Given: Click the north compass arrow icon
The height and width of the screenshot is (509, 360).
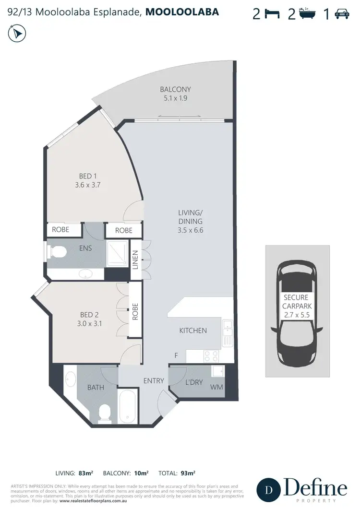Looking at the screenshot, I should pyautogui.click(x=18, y=34).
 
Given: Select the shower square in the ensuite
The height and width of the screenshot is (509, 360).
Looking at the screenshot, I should pyautogui.click(x=117, y=252).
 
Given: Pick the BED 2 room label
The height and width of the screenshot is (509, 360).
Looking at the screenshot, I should pyautogui.click(x=90, y=319).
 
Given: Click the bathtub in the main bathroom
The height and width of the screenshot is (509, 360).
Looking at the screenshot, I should pyautogui.click(x=128, y=401).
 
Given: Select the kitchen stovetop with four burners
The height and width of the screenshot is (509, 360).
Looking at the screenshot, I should pyautogui.click(x=211, y=355).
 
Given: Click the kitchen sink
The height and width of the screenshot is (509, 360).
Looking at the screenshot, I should pyautogui.click(x=228, y=329).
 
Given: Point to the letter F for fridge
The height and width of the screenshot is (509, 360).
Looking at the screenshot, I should pyautogui.click(x=176, y=355).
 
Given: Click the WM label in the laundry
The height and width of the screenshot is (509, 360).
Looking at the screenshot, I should pyautogui.click(x=216, y=387).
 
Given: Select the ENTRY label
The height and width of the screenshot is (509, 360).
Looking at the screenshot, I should pyautogui.click(x=154, y=381).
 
